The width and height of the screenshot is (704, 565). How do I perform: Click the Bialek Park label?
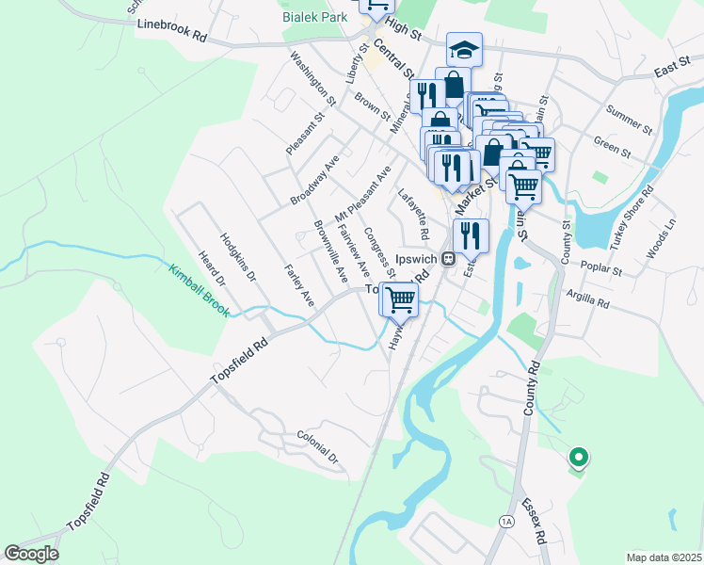pos(313,17)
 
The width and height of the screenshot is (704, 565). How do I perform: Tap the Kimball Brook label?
pos(199,290)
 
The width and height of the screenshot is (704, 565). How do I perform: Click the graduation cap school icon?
pos(464,49)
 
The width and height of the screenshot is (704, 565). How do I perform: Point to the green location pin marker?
pos(579,458)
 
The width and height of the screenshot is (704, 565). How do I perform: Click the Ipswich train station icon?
pos(450,257)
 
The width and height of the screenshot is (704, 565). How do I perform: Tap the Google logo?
pos(31,553)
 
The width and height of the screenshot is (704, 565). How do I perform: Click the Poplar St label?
pos(601,269)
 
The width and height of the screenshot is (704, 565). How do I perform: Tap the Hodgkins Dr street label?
pos(238,256)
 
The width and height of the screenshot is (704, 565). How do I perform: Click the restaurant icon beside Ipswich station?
pos(472,235)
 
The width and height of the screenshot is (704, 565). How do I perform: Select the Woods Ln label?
pos(662,240)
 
